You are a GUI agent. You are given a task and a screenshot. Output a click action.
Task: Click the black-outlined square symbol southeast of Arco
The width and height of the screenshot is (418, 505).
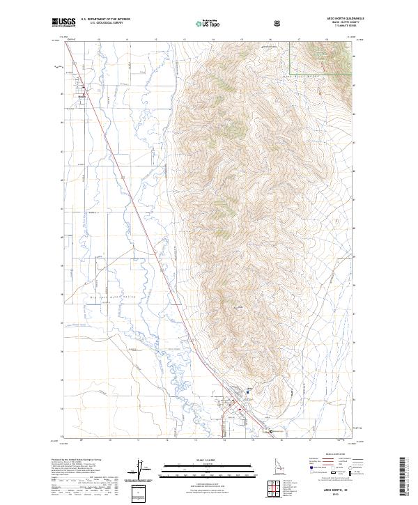pyautogui.click(x=272, y=432)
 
